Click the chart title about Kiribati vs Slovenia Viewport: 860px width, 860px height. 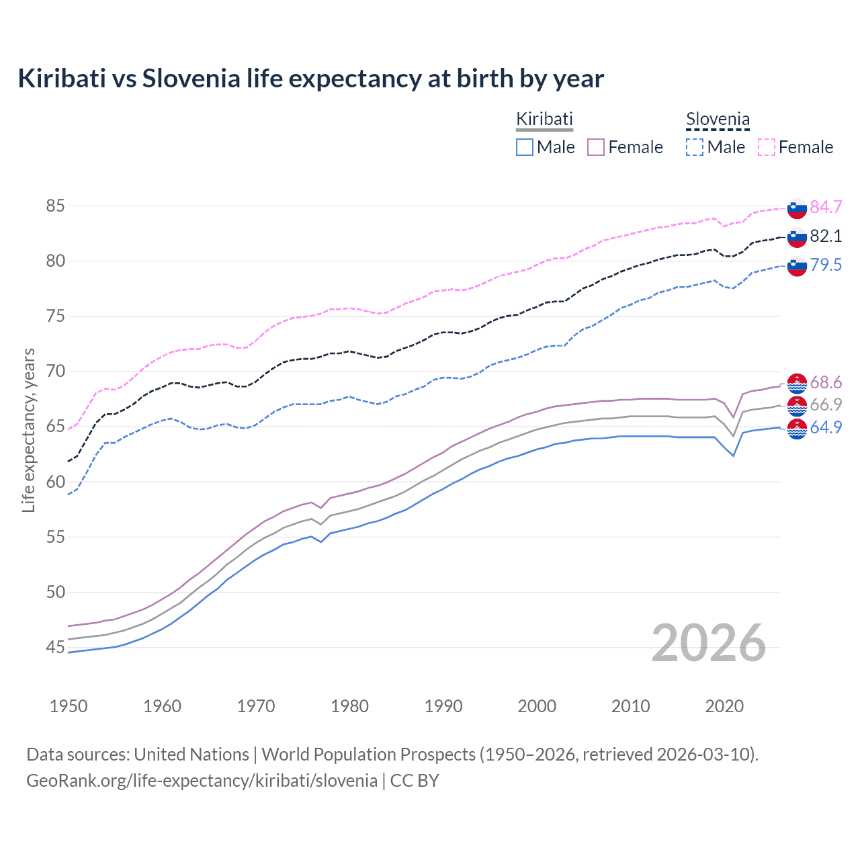(x=310, y=79)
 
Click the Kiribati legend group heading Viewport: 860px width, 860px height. (x=544, y=119)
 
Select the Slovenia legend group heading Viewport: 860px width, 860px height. (x=718, y=120)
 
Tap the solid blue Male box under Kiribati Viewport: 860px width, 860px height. (x=525, y=147)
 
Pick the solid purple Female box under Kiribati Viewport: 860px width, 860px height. (x=596, y=147)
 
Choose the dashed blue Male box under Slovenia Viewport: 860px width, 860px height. (x=695, y=147)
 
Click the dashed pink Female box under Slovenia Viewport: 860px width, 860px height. (x=767, y=147)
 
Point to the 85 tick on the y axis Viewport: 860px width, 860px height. (x=56, y=206)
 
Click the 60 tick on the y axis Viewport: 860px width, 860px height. (x=56, y=482)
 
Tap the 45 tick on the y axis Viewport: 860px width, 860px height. (x=56, y=648)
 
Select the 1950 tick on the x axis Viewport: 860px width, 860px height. (x=69, y=706)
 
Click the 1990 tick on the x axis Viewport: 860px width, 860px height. (x=443, y=706)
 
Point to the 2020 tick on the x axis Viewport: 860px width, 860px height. (x=724, y=706)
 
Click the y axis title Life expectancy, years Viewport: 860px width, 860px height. (x=28, y=430)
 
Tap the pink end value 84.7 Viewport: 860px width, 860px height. (x=826, y=207)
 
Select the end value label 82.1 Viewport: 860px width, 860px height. (x=826, y=236)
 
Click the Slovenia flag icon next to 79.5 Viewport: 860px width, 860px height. (x=797, y=265)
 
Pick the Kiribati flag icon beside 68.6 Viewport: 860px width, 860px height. (x=797, y=383)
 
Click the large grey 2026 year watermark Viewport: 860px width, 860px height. (x=709, y=643)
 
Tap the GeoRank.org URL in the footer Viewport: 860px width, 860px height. (x=202, y=781)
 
